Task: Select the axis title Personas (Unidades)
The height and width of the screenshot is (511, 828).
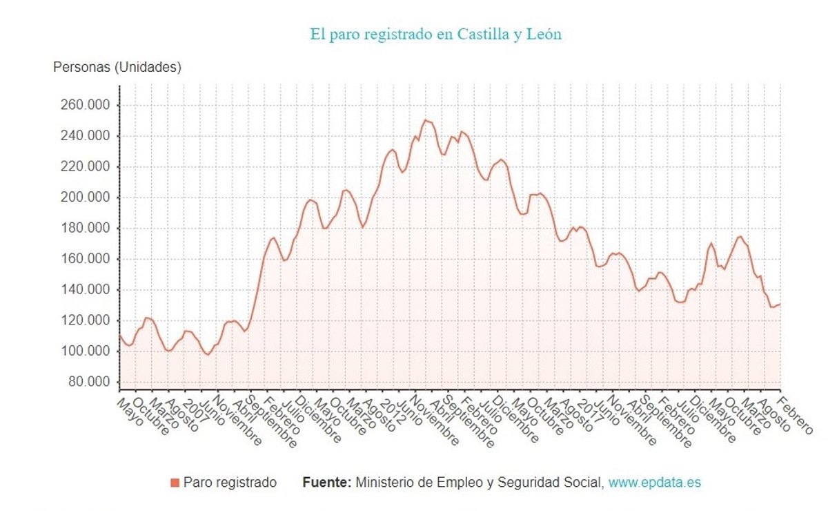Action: click(117, 67)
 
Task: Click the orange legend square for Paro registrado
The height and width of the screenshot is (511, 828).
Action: click(175, 483)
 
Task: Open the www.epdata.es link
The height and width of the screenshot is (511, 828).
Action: click(654, 483)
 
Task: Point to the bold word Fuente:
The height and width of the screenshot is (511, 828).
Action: click(327, 483)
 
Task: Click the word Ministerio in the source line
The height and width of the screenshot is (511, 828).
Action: click(383, 483)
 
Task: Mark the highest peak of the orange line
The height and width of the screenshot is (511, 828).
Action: click(425, 120)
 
